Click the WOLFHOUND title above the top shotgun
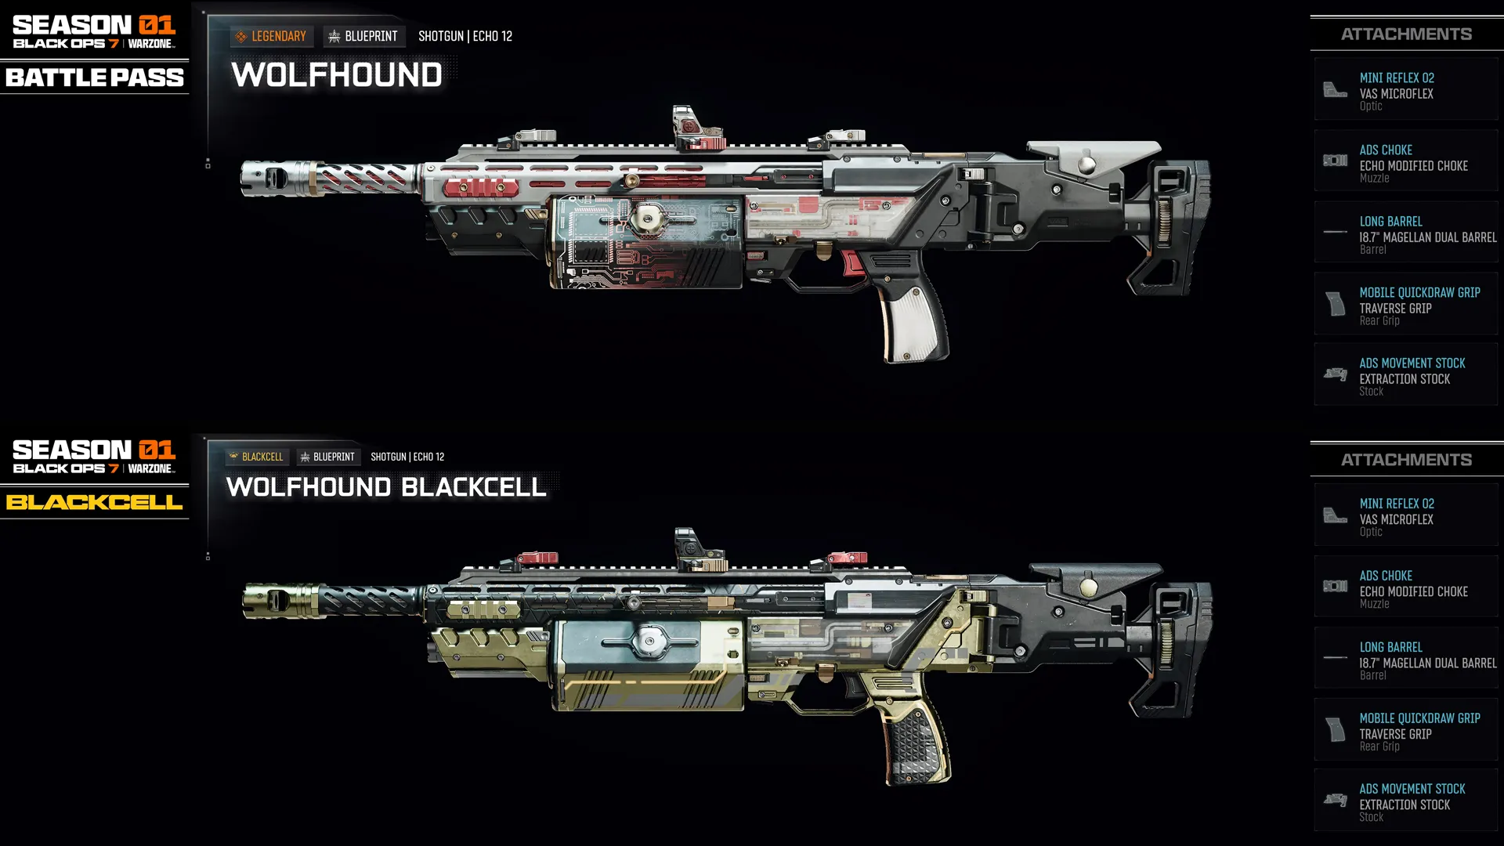[337, 75]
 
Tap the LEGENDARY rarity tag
[271, 36]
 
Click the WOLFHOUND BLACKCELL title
[385, 487]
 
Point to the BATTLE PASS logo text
[95, 78]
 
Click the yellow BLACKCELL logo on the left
[95, 502]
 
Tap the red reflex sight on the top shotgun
[689, 128]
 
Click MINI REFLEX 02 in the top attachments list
[1396, 78]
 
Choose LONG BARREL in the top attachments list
[1390, 222]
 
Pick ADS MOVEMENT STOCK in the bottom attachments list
[1412, 789]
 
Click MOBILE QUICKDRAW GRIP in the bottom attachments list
[1419, 718]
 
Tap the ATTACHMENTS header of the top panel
[1406, 34]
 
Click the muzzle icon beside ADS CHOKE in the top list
[1335, 161]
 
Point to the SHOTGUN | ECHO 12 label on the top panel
[465, 36]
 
